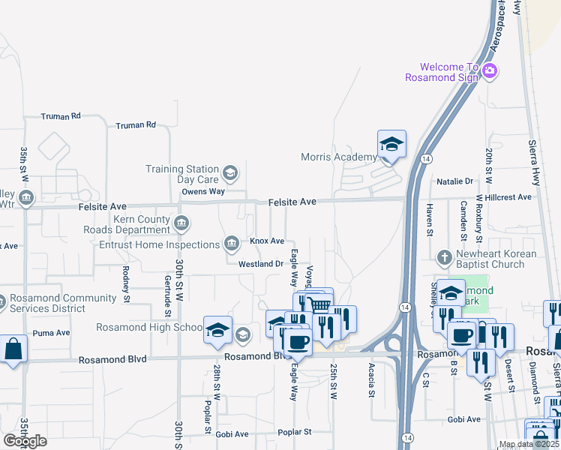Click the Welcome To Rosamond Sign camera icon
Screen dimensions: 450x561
pos(490,71)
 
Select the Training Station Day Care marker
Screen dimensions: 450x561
pos(230,174)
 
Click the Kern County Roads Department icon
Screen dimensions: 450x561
pos(181,223)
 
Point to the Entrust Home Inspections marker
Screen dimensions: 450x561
pos(231,243)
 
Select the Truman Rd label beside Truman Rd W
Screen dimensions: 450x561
pos(61,116)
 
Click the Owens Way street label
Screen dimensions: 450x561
pos(203,191)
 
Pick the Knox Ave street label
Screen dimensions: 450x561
pos(267,241)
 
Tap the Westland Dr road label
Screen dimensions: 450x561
pos(260,264)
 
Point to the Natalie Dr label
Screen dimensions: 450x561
pos(455,181)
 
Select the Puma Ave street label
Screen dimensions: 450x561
pos(51,332)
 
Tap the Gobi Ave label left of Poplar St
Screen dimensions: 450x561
pos(232,434)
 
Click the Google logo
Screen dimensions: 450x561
pos(24,441)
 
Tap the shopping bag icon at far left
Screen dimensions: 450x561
pos(13,349)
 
